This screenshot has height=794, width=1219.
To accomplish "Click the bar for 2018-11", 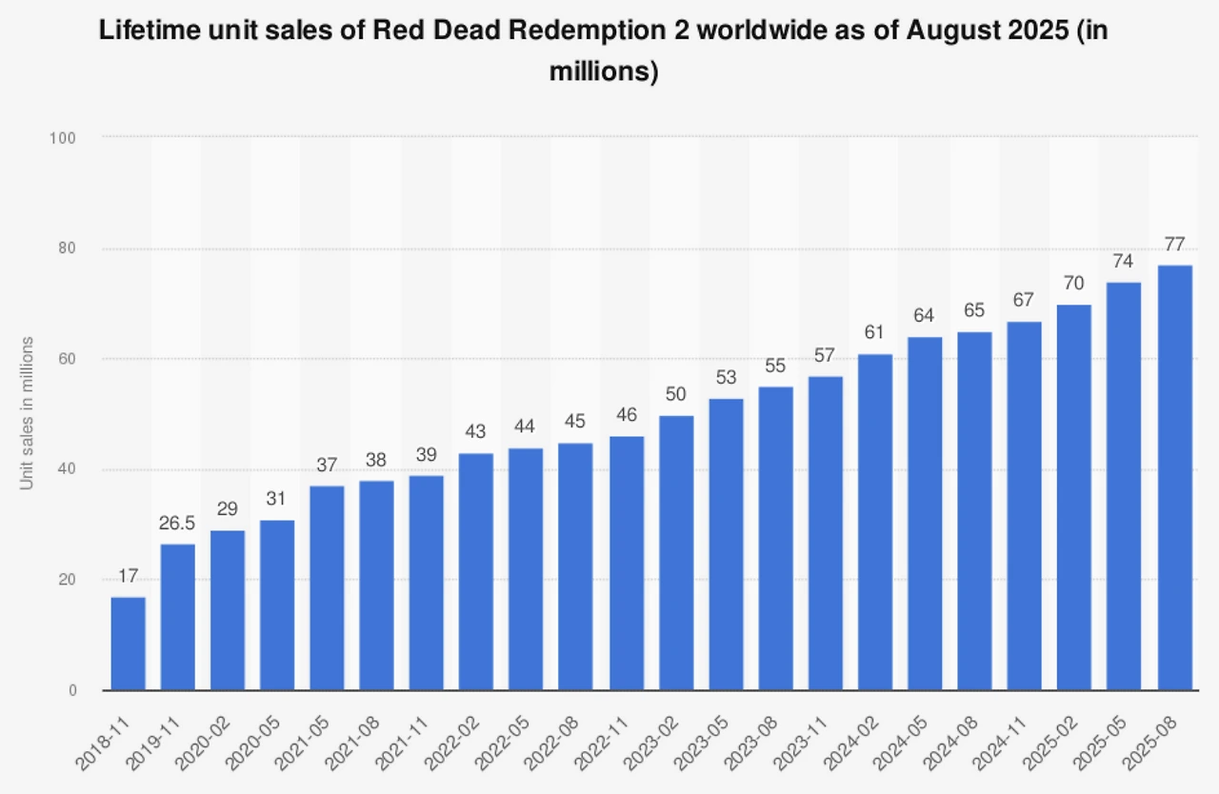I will pyautogui.click(x=129, y=644).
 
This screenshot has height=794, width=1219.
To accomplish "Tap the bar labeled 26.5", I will pyautogui.click(x=178, y=617).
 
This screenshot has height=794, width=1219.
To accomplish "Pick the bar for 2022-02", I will pyautogui.click(x=476, y=571).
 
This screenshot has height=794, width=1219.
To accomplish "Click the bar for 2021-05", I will pyautogui.click(x=327, y=587).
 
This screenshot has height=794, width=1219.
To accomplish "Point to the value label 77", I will pyautogui.click(x=1176, y=245).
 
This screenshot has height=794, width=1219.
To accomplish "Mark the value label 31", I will pyautogui.click(x=277, y=500).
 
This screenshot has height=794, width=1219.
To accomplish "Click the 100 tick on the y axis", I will pyautogui.click(x=63, y=138).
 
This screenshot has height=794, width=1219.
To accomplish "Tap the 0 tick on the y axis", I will pyautogui.click(x=71, y=690).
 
